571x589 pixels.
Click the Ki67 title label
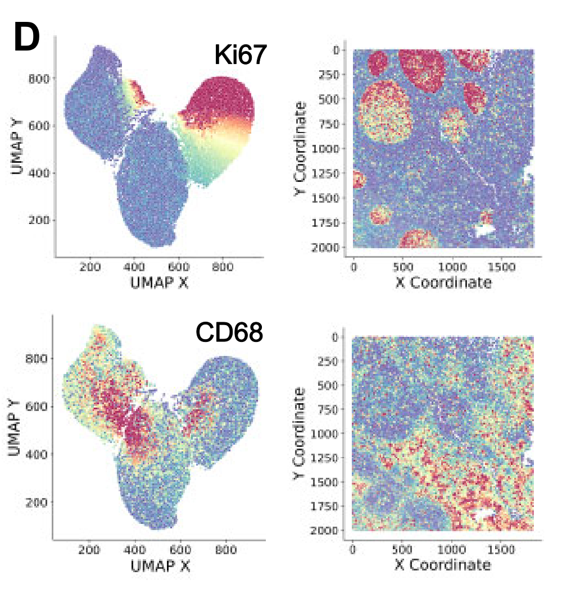coord(239,55)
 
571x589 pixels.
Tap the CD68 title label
coord(229,333)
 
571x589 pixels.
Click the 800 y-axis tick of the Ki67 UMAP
coord(39,78)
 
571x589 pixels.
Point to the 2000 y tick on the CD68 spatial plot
coord(329,530)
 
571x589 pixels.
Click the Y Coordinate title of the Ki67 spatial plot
coord(301,149)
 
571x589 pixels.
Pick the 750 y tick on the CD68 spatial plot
coord(332,409)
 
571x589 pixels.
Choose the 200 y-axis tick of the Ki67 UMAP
coord(39,220)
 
